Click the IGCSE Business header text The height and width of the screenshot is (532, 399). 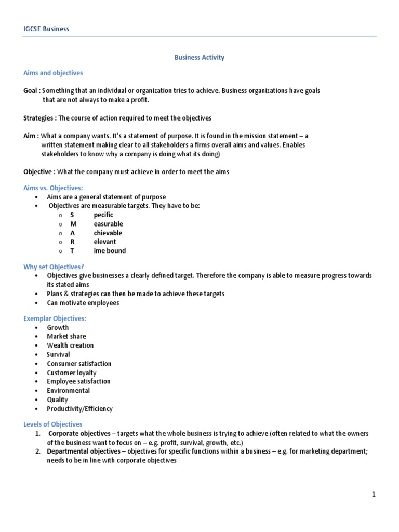(46, 29)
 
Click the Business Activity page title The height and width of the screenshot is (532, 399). (199, 57)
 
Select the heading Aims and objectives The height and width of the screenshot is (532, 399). (53, 73)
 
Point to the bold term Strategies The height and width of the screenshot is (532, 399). (40, 118)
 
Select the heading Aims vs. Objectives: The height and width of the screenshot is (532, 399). (53, 188)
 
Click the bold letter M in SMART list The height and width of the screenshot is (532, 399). (73, 224)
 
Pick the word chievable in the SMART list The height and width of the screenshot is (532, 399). (109, 233)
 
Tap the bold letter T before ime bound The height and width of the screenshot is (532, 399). (73, 251)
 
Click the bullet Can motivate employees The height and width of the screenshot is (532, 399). (83, 303)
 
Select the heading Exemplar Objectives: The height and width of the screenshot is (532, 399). (55, 318)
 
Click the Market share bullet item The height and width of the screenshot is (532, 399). (66, 336)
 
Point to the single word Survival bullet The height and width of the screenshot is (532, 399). (58, 354)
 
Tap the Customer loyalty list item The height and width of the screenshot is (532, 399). (71, 373)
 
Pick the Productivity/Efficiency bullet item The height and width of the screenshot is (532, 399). (79, 409)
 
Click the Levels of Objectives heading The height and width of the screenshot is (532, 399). (53, 424)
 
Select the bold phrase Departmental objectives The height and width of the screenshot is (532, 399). (81, 451)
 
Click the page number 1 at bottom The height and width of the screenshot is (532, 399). (373, 495)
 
